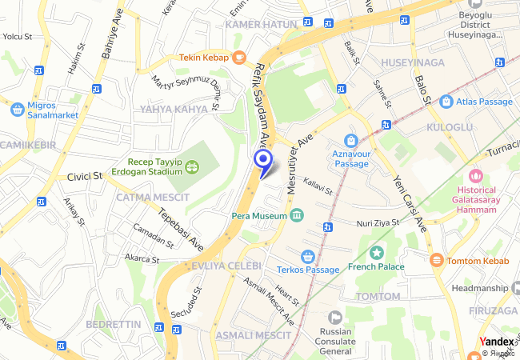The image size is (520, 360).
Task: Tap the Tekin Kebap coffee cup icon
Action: pos(238,57)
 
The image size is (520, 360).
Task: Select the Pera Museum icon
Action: pos(297,215)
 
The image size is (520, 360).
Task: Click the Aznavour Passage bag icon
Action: pos(350,141)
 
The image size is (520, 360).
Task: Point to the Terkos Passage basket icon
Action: pos(308,257)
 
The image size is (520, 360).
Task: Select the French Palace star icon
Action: pos(376,254)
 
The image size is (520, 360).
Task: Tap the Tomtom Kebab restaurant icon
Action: pos(436,259)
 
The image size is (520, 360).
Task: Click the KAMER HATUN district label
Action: pos(262,25)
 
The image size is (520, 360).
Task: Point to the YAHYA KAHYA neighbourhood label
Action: pos(174,108)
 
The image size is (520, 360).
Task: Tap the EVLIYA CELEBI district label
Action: pos(226,266)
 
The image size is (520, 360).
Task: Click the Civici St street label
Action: pos(85,176)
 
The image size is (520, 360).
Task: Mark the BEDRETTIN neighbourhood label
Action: pos(114,324)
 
